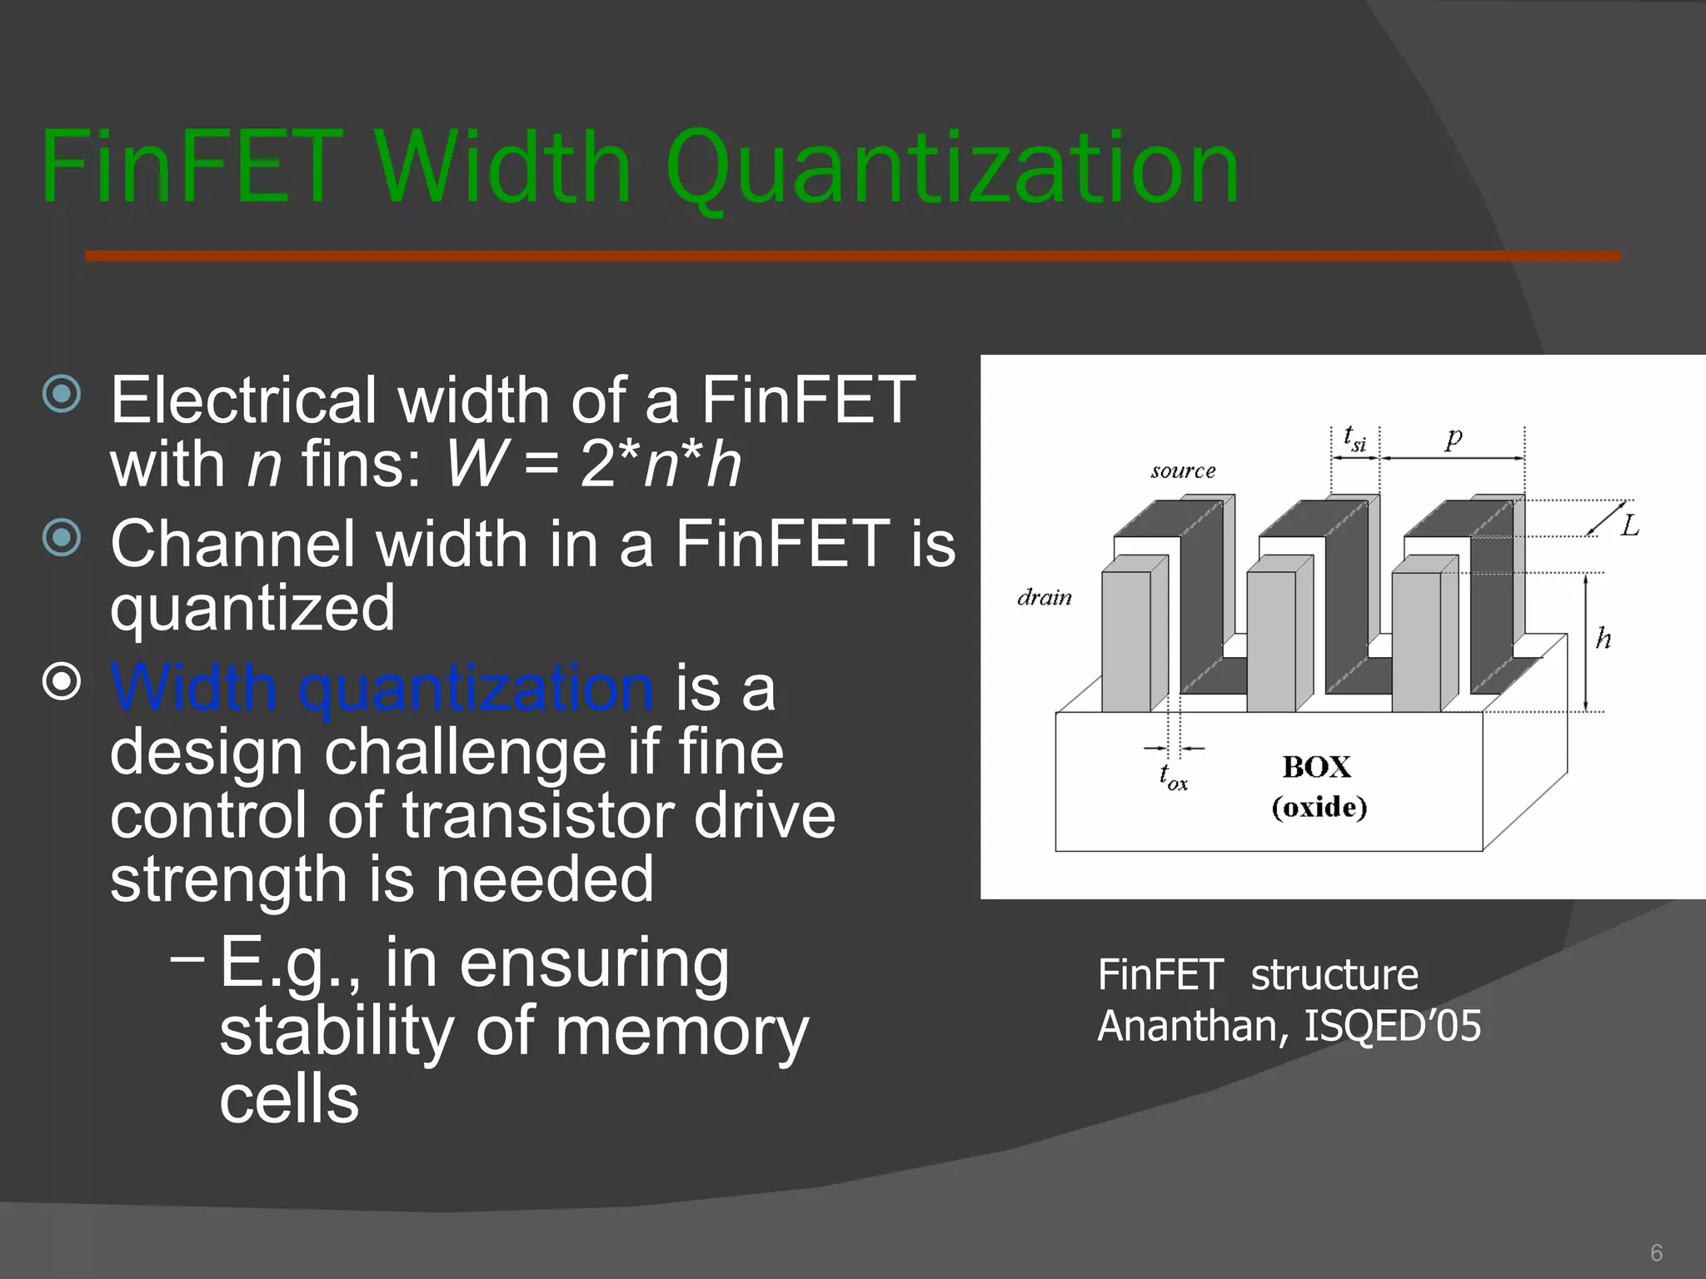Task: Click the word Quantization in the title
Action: pos(951,169)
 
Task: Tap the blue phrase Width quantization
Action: pos(382,688)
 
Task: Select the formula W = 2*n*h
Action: pos(593,464)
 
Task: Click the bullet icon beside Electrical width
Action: pos(62,393)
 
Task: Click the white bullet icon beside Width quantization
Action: pos(62,682)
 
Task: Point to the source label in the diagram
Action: pos(1183,471)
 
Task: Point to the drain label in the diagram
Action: pos(1045,597)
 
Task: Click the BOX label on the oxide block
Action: pos(1316,767)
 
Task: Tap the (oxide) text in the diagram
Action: pos(1319,807)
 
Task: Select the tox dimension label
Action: pos(1173,777)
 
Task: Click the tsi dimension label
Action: pos(1354,438)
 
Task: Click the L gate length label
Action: pos(1629,525)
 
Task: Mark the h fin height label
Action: pos(1604,639)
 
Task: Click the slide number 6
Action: pos(1656,1252)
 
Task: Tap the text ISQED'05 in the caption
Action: pos(1392,1025)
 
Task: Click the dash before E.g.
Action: pos(187,958)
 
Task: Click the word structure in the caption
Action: pos(1334,975)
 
